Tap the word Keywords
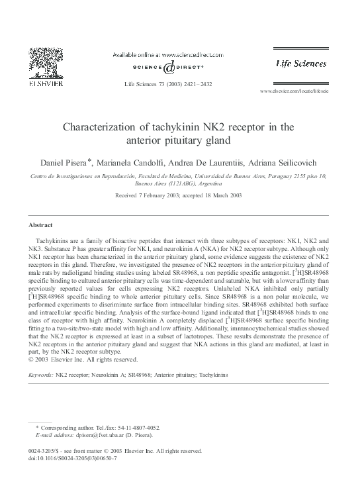coord(42,375)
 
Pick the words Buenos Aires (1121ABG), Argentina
coord(179,185)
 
